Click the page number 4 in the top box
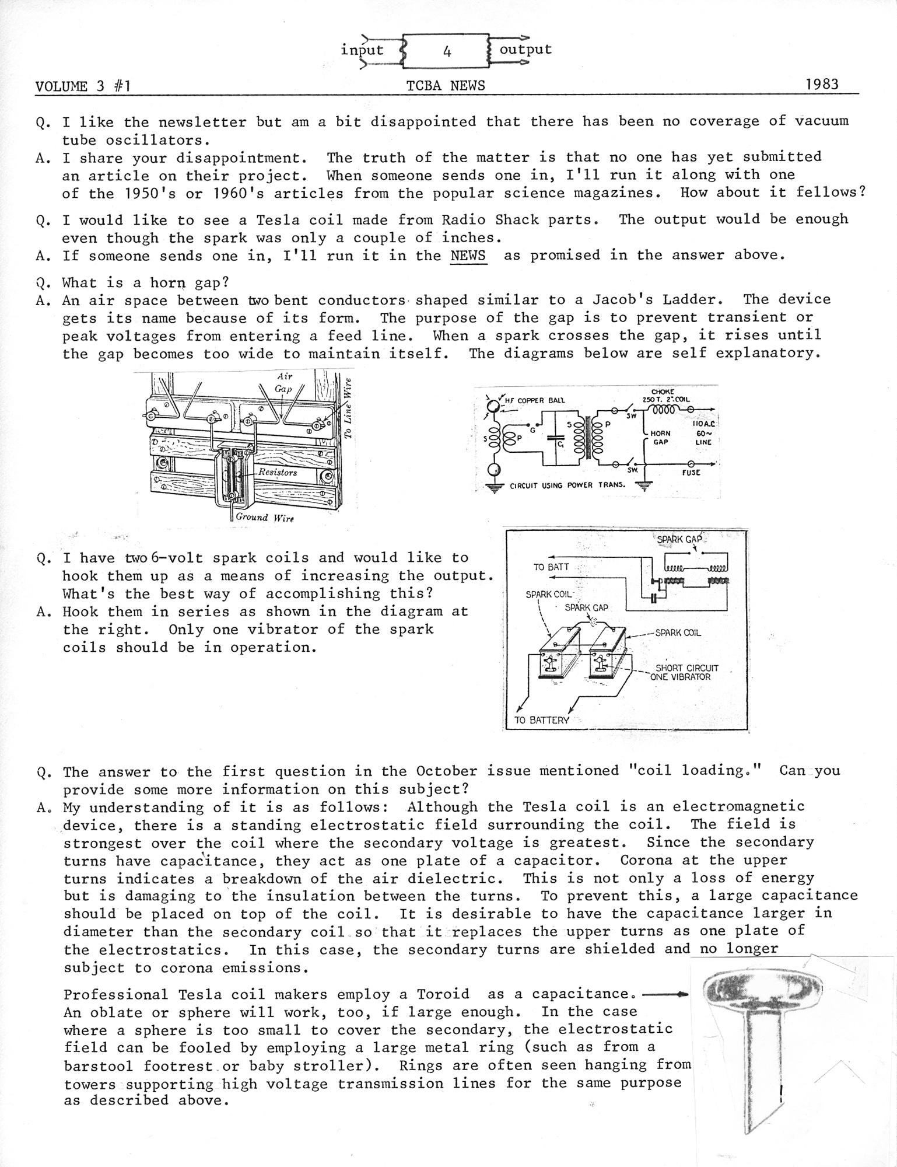coord(447,52)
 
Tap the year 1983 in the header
coord(822,84)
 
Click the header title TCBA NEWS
coord(446,86)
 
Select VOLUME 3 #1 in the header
coord(82,87)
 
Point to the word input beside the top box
coord(362,50)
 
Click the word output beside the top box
coord(525,49)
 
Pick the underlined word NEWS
coord(468,256)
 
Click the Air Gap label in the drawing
coord(283,383)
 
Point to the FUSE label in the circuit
coord(691,472)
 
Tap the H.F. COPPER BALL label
coord(534,400)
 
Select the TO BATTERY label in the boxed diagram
coord(541,720)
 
